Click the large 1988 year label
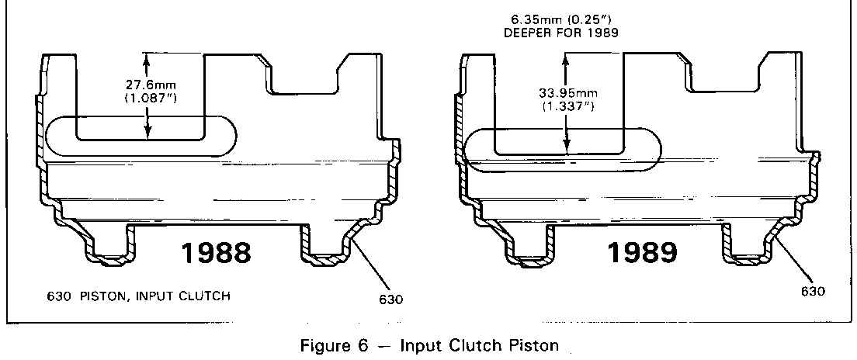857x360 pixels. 216,254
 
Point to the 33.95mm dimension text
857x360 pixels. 567,92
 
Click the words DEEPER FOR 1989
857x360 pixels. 565,33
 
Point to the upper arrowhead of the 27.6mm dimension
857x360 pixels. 145,56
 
